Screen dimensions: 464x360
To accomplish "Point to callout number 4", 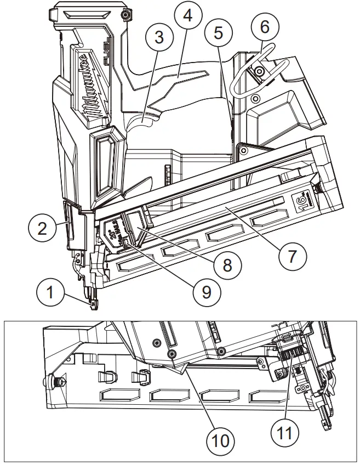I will pos(188,16).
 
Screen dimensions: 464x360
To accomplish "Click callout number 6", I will pos(265,26).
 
